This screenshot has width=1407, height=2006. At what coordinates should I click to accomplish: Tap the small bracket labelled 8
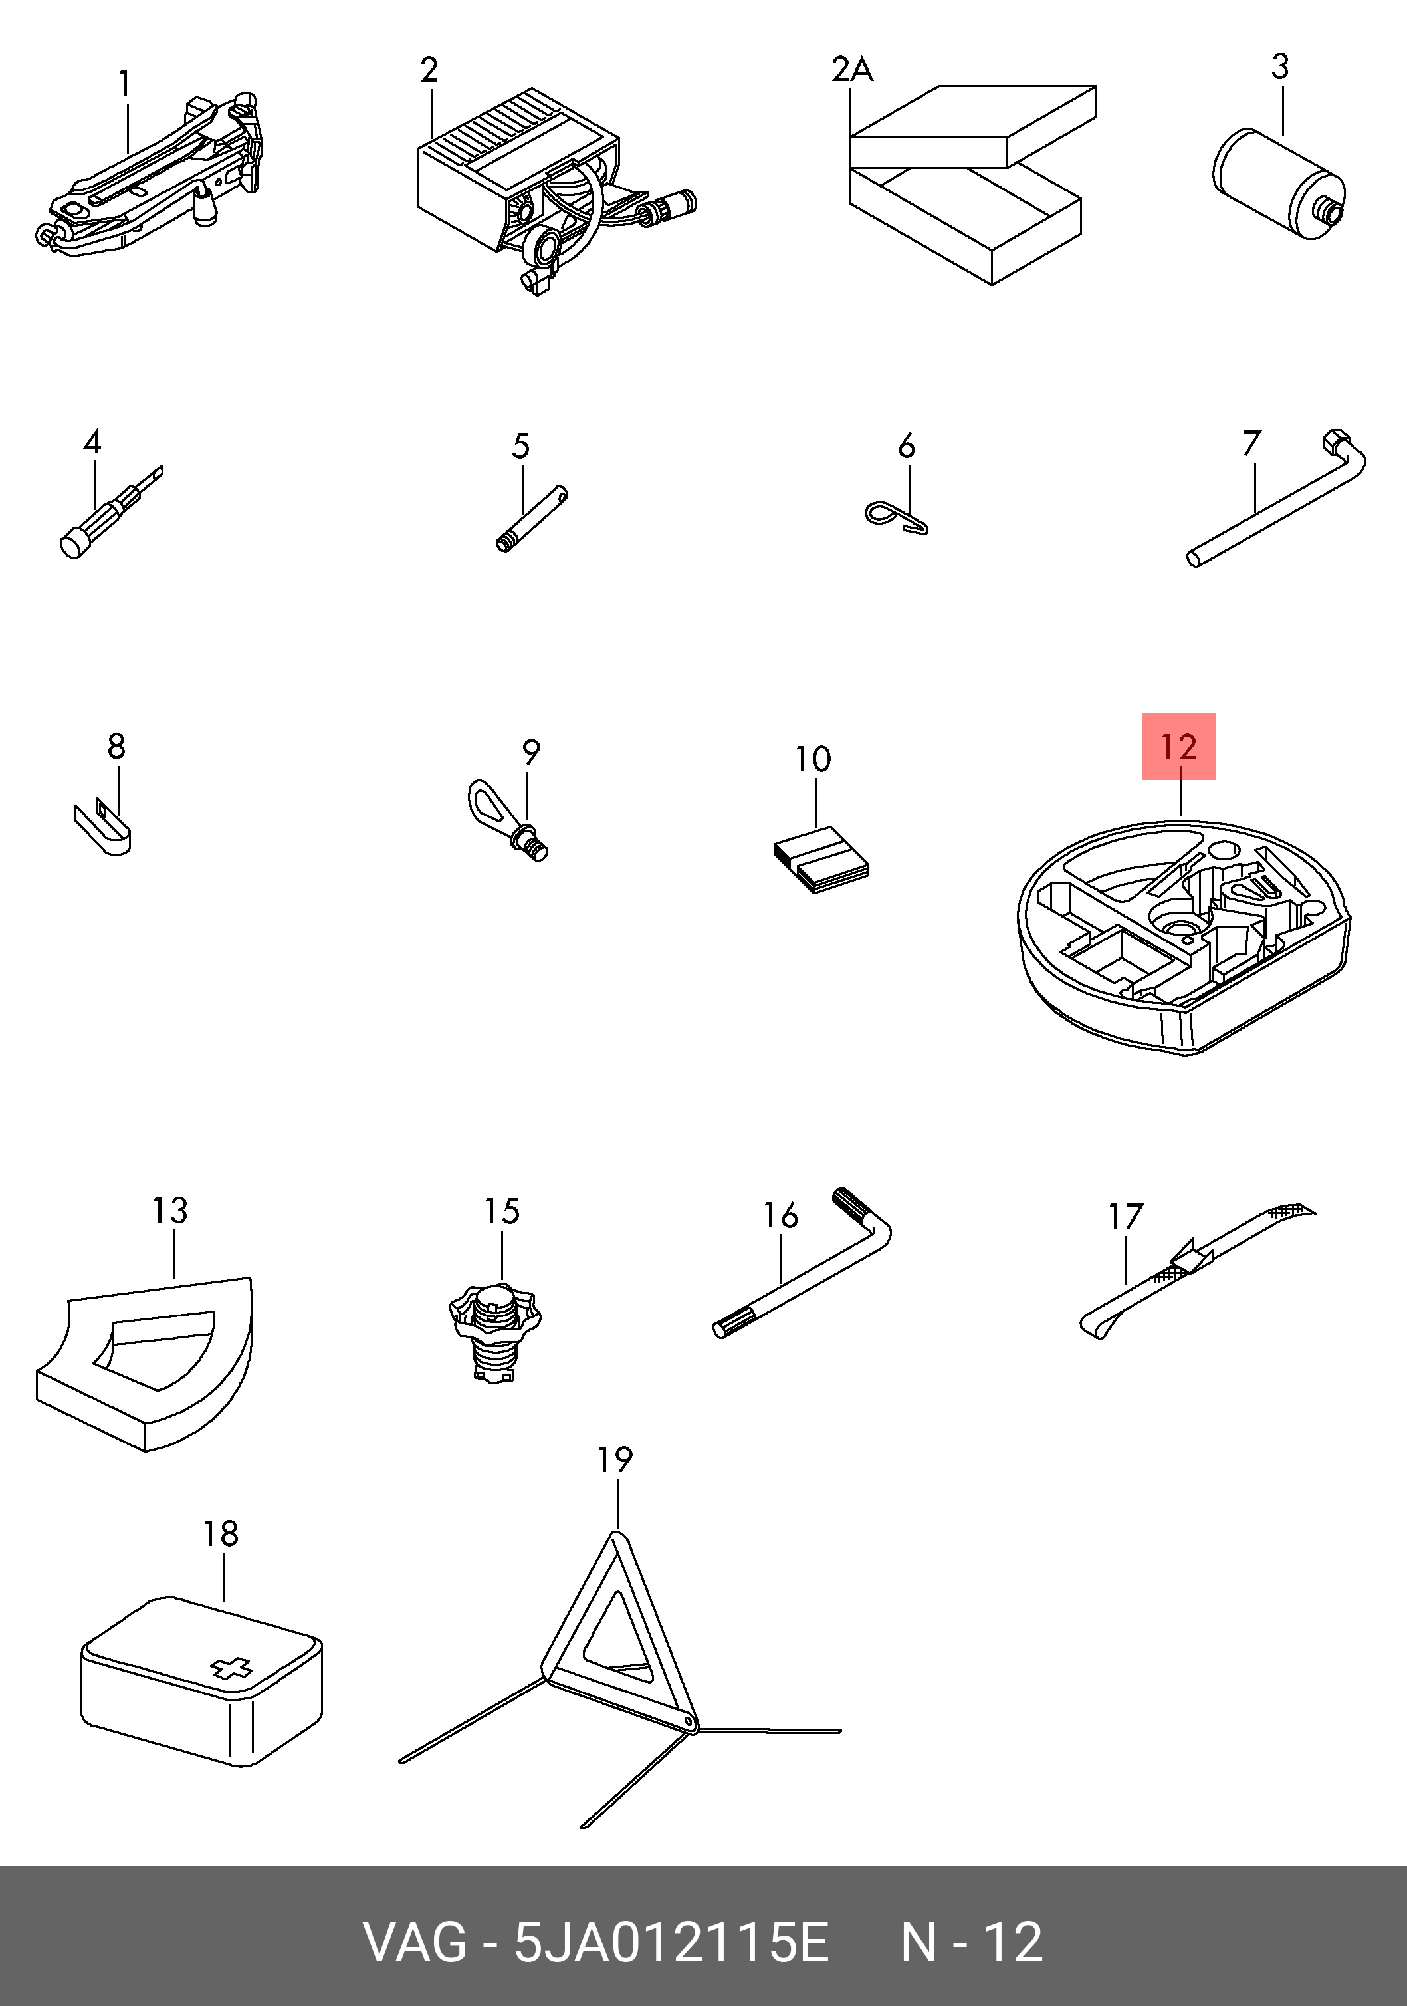[x=102, y=828]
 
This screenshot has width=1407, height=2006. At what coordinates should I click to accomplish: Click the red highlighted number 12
[x=1178, y=747]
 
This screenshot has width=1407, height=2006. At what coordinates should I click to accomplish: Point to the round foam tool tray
[x=1184, y=935]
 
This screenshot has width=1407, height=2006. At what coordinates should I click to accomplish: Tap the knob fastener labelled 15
[x=495, y=1332]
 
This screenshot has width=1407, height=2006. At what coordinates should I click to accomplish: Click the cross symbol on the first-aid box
[x=231, y=1670]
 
